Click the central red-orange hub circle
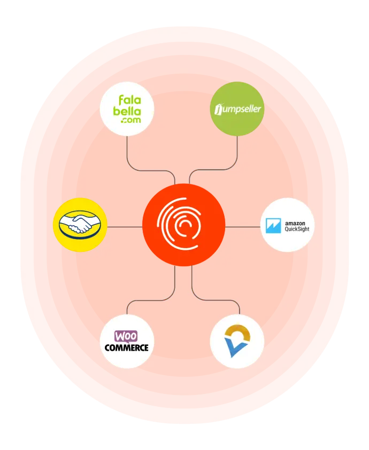(x=184, y=225)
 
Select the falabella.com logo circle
(x=127, y=109)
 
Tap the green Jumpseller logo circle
(x=237, y=109)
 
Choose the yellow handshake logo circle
(x=80, y=225)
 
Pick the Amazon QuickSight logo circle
(x=287, y=225)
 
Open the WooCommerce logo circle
(x=127, y=342)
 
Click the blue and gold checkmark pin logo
(x=237, y=341)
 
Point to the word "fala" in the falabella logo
(x=130, y=100)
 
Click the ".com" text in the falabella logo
(x=131, y=120)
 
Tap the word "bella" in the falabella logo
(x=127, y=111)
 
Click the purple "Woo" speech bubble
(x=126, y=336)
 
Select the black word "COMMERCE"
(x=127, y=348)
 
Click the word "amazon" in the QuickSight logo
(x=295, y=223)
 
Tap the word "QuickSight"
(x=297, y=229)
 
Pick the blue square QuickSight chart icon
(x=273, y=226)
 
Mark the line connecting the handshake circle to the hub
(x=125, y=227)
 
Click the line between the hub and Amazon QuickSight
(x=243, y=227)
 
